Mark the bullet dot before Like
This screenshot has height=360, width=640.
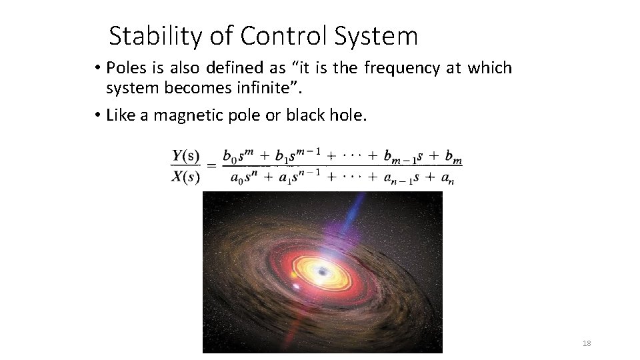(97, 115)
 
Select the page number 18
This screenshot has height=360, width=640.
(587, 343)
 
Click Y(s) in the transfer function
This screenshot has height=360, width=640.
(186, 157)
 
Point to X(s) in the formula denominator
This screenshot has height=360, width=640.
(186, 177)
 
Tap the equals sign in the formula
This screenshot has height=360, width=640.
(211, 167)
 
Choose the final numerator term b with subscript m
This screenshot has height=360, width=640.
(453, 157)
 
